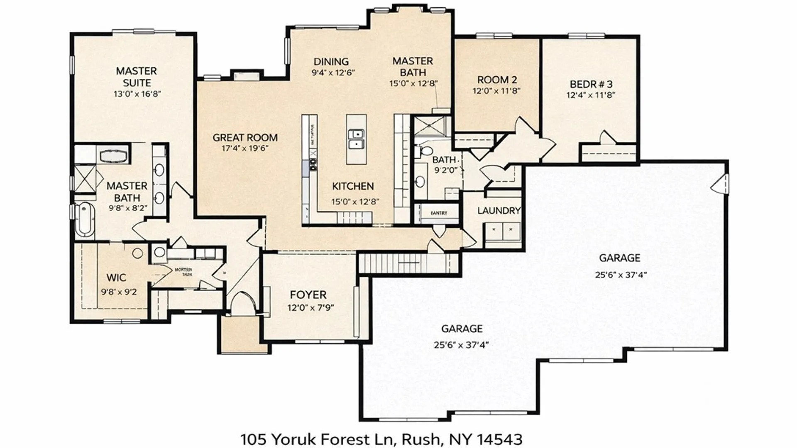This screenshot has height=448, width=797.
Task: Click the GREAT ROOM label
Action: (x=245, y=137)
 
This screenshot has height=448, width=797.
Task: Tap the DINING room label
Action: (x=331, y=62)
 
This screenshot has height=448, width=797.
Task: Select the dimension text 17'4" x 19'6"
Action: (x=245, y=149)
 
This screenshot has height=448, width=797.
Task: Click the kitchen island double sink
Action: (x=357, y=139)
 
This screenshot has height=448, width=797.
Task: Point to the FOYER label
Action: (x=308, y=295)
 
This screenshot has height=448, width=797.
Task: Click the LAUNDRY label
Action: (x=499, y=211)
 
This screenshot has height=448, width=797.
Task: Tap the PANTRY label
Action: (x=439, y=213)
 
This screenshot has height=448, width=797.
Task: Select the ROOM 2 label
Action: (x=496, y=80)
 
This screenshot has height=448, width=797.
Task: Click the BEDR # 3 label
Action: (x=591, y=84)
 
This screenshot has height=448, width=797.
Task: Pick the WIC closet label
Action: (x=116, y=278)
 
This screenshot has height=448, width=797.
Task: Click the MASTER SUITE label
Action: (x=137, y=77)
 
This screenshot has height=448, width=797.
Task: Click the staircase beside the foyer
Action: (x=409, y=263)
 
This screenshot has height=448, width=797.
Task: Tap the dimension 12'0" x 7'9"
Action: (x=310, y=308)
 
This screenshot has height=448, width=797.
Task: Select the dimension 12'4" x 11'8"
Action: (x=591, y=95)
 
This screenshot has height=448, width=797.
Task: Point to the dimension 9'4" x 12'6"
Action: (x=333, y=73)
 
